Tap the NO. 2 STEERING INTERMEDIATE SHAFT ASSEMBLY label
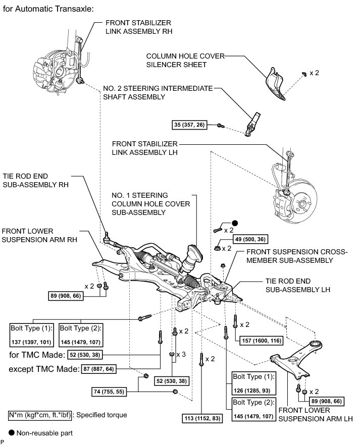[x=158, y=92]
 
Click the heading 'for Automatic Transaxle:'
[x=48, y=9]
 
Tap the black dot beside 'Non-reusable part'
[x=12, y=432]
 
